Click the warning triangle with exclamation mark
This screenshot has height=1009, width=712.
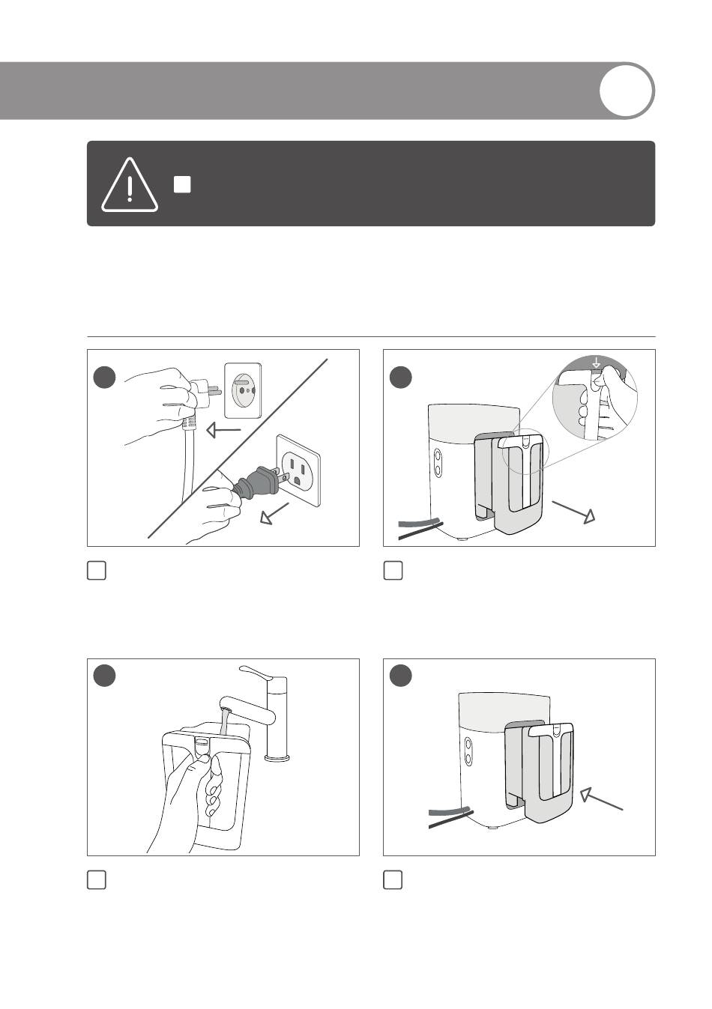point(130,186)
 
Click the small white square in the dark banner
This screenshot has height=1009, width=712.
point(182,184)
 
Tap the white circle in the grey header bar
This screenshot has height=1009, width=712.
point(627,91)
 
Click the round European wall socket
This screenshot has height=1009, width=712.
point(244,390)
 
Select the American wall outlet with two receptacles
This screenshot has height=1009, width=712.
point(298,471)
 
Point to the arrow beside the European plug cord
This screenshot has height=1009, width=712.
point(223,431)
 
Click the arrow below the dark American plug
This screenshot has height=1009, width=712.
point(274,515)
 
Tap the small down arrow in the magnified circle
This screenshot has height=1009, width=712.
point(596,363)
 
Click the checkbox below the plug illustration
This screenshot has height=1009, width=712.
point(97,571)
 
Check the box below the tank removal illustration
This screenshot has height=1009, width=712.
point(393,571)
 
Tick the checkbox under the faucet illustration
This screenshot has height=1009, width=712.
point(97,880)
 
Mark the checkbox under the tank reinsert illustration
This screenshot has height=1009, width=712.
point(393,880)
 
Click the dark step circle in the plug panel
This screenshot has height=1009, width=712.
point(104,377)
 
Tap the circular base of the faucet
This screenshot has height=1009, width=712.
point(277,759)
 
